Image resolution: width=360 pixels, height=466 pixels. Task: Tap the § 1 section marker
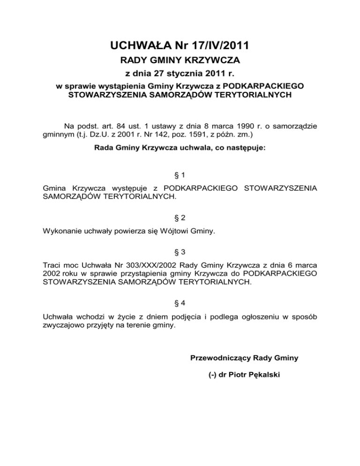click(x=180, y=175)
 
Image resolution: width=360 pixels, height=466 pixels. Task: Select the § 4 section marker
click(x=180, y=303)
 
